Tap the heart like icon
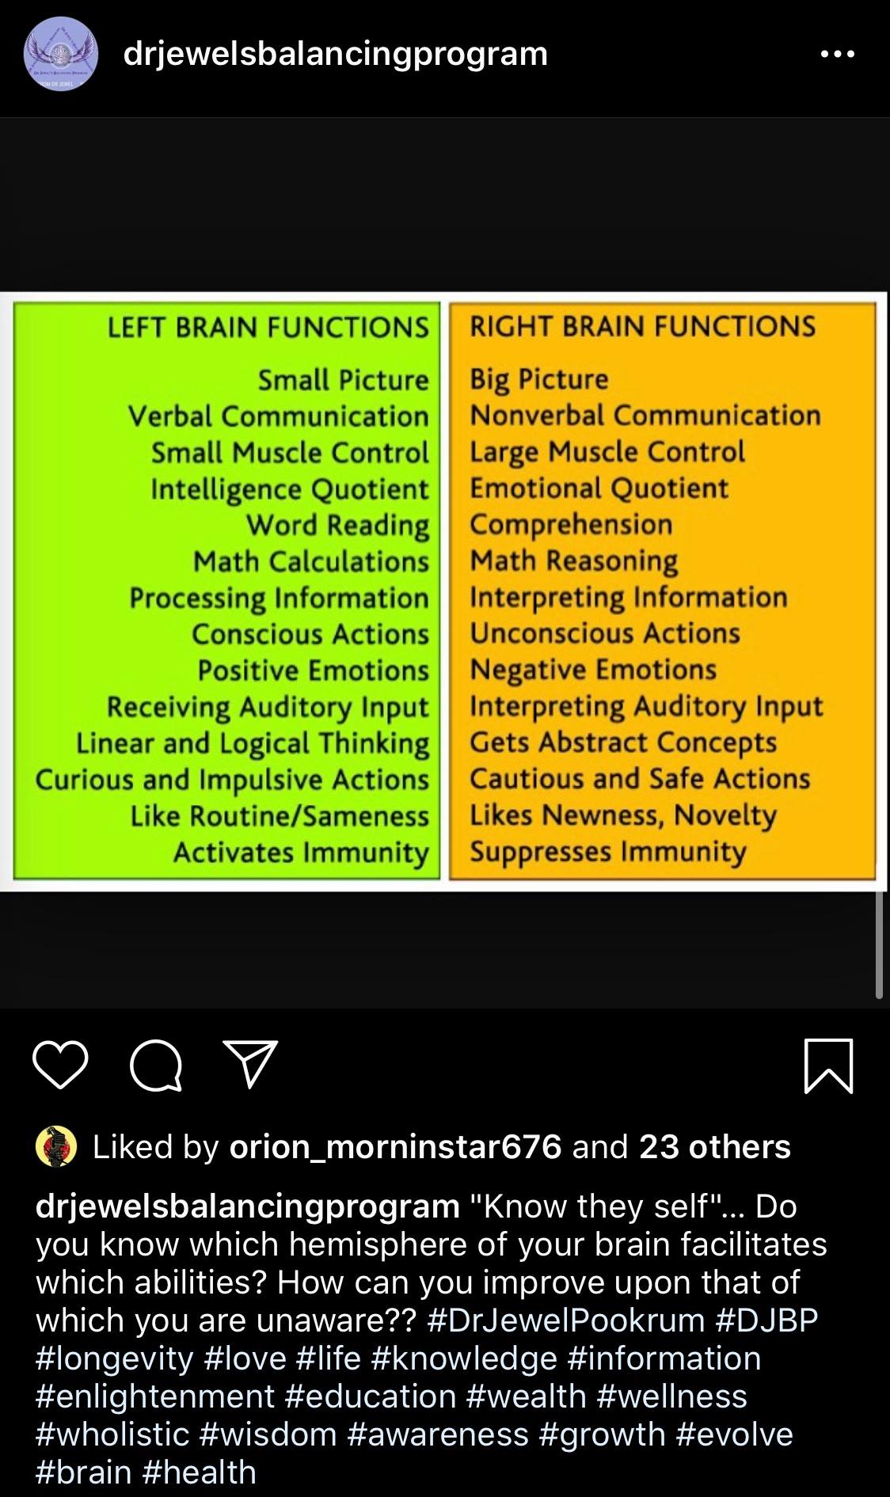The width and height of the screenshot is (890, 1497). click(x=60, y=1065)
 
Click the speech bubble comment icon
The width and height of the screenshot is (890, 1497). click(x=156, y=1066)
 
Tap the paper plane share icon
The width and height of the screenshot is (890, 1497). click(x=251, y=1063)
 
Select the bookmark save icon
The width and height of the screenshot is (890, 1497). click(x=829, y=1066)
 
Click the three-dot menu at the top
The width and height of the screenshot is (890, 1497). click(x=838, y=55)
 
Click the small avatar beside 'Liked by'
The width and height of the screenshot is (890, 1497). click(x=56, y=1147)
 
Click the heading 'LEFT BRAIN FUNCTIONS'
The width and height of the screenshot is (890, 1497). click(x=268, y=327)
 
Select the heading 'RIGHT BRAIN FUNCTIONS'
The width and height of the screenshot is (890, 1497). click(x=642, y=326)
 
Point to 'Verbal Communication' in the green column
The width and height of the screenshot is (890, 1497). click(x=278, y=416)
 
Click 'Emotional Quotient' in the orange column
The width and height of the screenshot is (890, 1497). click(x=599, y=488)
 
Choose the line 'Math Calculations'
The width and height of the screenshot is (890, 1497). click(x=310, y=561)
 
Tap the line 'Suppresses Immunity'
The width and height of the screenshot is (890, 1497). click(x=608, y=852)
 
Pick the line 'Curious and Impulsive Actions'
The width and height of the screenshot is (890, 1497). click(x=232, y=780)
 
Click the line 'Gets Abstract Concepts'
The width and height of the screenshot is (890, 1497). click(x=623, y=743)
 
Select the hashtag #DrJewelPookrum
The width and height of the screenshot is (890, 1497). click(x=565, y=1320)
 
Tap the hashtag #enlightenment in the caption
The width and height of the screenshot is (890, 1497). click(x=154, y=1396)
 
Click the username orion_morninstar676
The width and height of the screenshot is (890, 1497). click(x=395, y=1147)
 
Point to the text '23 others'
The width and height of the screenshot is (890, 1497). click(x=714, y=1146)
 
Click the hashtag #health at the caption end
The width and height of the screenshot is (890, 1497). click(x=200, y=1472)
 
